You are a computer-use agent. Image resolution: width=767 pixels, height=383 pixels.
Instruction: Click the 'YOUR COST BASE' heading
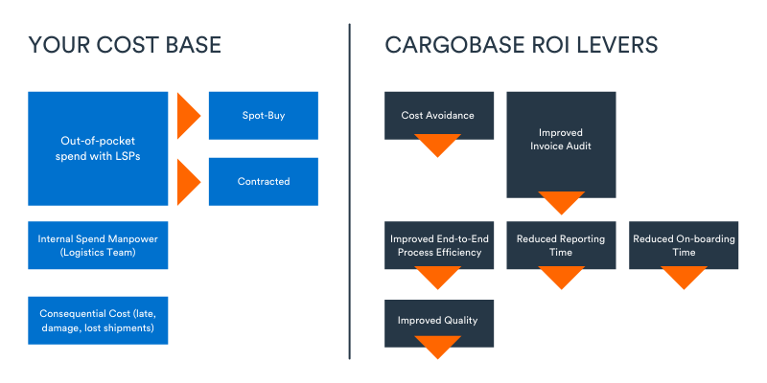125,45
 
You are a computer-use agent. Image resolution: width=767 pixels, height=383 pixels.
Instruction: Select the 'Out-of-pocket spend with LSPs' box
98,148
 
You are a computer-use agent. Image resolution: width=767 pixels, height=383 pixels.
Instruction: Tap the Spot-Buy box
263,116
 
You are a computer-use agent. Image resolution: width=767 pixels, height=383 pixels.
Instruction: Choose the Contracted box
263,181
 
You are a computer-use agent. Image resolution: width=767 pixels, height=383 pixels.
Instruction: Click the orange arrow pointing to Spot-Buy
187,116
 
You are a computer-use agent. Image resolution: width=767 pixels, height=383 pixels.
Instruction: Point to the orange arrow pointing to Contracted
187,181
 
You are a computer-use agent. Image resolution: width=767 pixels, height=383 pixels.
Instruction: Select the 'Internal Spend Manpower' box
98,245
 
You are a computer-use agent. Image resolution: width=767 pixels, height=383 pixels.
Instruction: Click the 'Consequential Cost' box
98,321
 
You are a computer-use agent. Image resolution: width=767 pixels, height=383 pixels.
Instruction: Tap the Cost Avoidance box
438,114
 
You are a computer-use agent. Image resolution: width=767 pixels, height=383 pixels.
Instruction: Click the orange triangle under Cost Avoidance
438,145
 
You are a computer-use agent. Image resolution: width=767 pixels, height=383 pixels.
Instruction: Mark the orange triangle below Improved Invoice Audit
561,202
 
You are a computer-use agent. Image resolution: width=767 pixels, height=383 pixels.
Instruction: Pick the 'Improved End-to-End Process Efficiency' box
438,244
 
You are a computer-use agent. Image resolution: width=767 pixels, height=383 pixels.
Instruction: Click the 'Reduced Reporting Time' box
561,244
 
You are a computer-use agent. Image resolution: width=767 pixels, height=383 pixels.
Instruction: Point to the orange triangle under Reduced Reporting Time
561,277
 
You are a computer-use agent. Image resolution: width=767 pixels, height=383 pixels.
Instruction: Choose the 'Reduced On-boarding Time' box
684,244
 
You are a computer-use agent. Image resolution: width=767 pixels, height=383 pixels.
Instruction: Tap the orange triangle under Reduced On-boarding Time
684,277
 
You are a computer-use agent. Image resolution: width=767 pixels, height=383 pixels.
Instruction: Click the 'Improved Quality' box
438,321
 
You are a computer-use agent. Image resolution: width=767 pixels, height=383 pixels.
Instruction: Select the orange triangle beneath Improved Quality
438,347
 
